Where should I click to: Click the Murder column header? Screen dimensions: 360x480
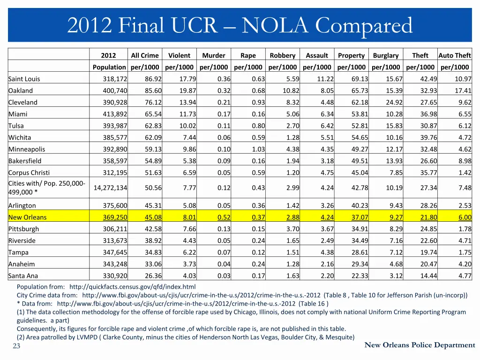[x=214, y=55]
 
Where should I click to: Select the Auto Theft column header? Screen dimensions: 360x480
[x=454, y=55]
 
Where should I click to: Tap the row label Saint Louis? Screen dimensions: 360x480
[x=24, y=79]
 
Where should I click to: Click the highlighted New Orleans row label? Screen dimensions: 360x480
[x=28, y=217]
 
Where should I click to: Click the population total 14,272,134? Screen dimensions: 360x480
[x=110, y=187]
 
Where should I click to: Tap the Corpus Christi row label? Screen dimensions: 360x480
[x=29, y=172]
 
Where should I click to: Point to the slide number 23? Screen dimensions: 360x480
[x=16, y=346]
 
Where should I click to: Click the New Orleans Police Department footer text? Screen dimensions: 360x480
[x=420, y=345]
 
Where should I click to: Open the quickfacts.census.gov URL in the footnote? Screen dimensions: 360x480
[x=132, y=286]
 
